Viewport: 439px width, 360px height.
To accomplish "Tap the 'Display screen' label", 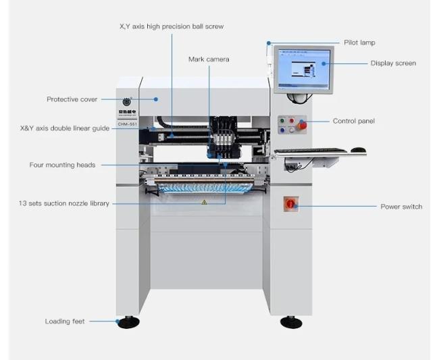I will [x=393, y=63].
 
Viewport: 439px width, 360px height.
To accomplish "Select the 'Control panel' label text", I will [x=353, y=122].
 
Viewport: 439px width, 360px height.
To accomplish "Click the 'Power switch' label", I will [x=401, y=207].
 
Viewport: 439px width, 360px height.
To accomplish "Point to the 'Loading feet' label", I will [x=65, y=322].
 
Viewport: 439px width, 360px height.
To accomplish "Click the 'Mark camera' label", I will [x=209, y=59].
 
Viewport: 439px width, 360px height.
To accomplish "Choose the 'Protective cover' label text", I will [x=72, y=99].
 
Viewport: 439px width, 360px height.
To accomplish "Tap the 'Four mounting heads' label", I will [x=62, y=165].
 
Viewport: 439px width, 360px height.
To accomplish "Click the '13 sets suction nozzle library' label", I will [x=63, y=203].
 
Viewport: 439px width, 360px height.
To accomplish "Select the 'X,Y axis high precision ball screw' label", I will [x=171, y=26].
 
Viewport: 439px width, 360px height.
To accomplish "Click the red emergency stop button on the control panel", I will [x=302, y=124].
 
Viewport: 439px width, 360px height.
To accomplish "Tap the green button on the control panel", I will [x=282, y=121].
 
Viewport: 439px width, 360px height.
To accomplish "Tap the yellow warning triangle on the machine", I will [x=204, y=202].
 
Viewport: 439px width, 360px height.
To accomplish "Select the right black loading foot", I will [x=291, y=322].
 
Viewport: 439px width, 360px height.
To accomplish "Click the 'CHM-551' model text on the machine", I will [x=127, y=124].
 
